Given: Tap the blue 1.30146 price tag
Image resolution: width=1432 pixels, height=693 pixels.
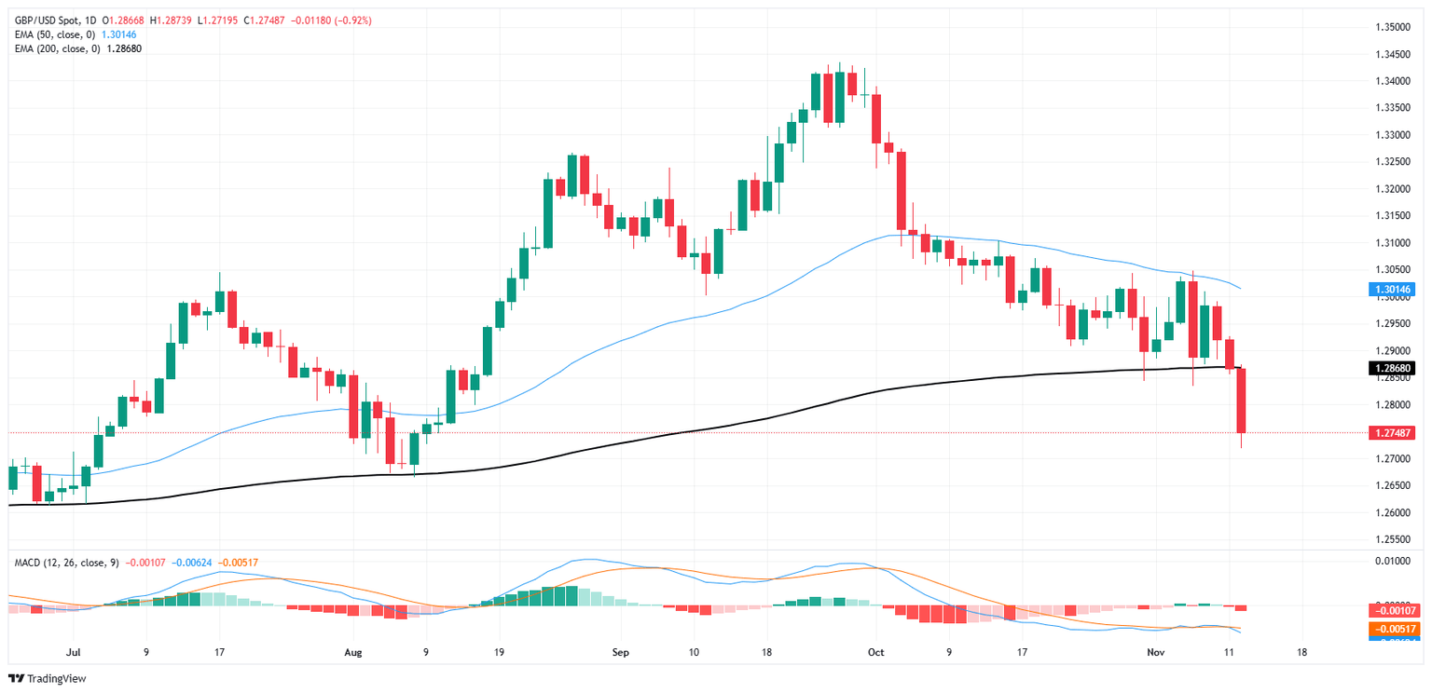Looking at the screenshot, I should coord(1392,290).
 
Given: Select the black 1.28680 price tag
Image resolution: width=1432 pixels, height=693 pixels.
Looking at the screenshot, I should coord(1392,369).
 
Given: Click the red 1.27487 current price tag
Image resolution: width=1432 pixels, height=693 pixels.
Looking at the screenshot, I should coord(1392,433).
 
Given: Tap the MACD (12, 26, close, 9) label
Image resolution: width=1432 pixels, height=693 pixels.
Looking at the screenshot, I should coord(64,563).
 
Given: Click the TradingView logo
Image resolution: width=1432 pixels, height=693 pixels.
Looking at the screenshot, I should coord(48,679).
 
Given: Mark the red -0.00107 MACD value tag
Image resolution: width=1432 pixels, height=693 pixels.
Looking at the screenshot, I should coord(1392,611).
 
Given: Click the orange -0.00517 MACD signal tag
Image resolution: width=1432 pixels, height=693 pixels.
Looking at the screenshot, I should coord(1392,630).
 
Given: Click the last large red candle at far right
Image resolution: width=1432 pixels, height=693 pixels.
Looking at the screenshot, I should coord(1242,401).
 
